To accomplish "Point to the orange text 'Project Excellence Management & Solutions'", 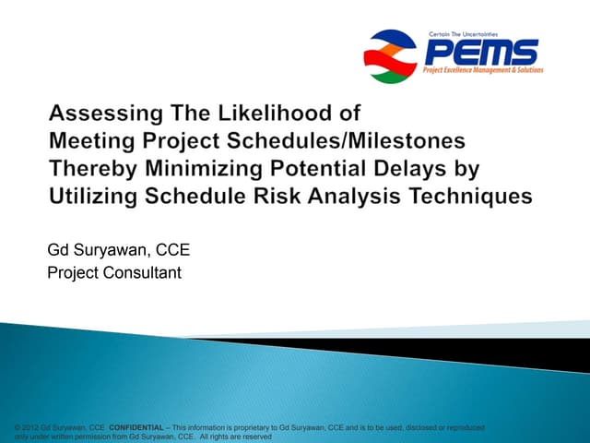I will tap(483, 69).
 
